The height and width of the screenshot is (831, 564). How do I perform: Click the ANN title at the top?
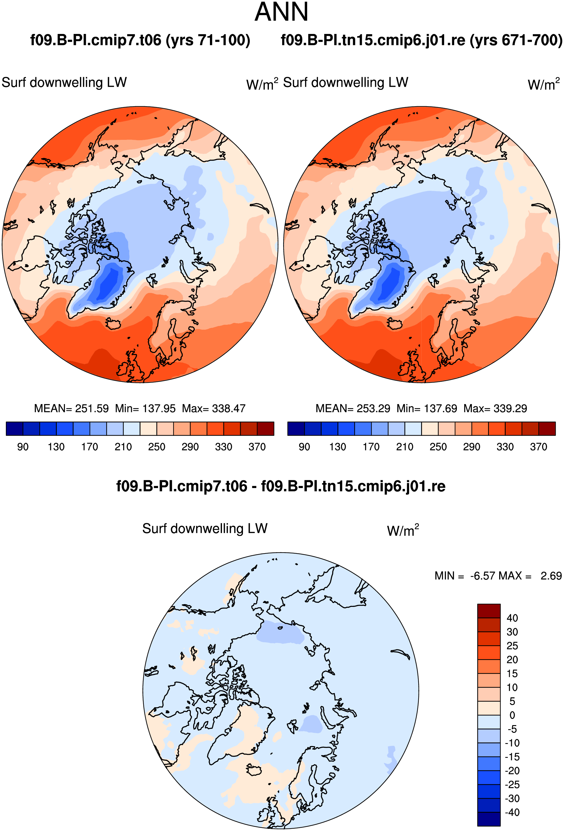click(x=282, y=12)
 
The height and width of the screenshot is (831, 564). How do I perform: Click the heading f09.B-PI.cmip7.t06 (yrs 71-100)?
click(x=140, y=40)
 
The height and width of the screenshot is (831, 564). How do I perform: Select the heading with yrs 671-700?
click(x=422, y=40)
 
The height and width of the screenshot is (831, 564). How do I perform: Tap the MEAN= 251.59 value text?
click(x=71, y=408)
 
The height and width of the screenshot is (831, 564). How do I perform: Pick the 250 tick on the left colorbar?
click(x=157, y=447)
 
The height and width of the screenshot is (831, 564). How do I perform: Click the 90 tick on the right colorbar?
click(x=304, y=447)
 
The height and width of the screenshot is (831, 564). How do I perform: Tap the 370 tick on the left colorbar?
click(x=257, y=447)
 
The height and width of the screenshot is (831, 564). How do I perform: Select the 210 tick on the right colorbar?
click(x=404, y=447)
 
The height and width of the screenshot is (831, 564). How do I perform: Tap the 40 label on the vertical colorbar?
click(x=512, y=618)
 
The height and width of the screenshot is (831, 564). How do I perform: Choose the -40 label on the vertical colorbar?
click(x=512, y=812)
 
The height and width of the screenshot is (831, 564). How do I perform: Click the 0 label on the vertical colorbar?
click(x=512, y=715)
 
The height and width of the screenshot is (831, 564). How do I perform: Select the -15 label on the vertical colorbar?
click(x=512, y=757)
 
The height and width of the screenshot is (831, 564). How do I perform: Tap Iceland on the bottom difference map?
click(x=254, y=770)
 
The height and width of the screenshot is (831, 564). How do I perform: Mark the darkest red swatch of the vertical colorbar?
click(x=489, y=611)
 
